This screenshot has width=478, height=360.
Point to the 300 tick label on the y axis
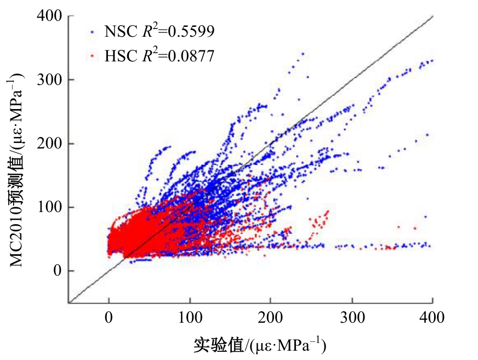pyautogui.click(x=50, y=79)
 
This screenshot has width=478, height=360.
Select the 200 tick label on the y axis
pyautogui.click(x=50, y=144)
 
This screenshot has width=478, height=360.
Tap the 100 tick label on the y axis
pyautogui.click(x=50, y=207)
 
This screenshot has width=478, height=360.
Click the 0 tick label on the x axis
pyautogui.click(x=109, y=317)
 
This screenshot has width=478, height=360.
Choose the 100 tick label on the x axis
pyautogui.click(x=190, y=317)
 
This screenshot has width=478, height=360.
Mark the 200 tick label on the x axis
pyautogui.click(x=271, y=317)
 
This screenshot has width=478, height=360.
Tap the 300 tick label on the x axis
pyautogui.click(x=352, y=317)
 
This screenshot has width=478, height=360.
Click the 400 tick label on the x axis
pyautogui.click(x=433, y=317)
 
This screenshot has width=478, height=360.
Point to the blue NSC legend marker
pyautogui.click(x=92, y=32)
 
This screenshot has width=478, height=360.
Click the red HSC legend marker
pyautogui.click(x=92, y=55)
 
